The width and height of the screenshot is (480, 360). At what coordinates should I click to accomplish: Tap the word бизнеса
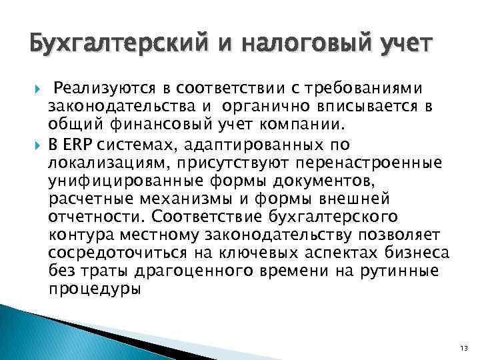coord(419,253)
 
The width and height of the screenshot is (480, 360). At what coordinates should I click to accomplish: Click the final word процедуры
coord(95,290)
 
